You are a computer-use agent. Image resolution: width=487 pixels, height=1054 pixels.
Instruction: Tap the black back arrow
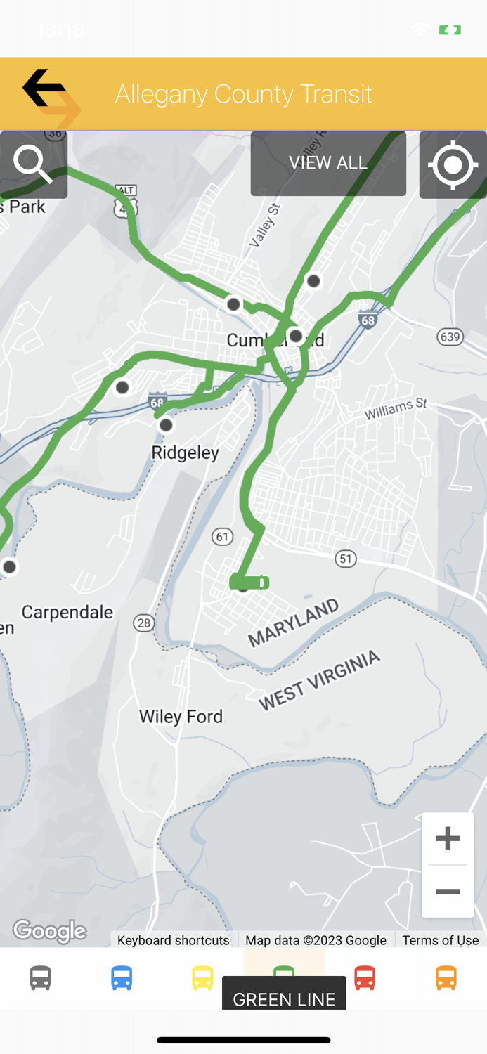coord(44,88)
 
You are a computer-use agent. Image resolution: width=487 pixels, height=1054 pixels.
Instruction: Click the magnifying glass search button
coord(33,164)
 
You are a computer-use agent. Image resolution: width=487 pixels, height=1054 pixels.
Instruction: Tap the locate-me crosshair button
coord(453,165)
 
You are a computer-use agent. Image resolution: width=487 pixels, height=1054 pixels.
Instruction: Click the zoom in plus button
coord(448,838)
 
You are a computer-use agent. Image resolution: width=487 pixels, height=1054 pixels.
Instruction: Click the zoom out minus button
coord(448,892)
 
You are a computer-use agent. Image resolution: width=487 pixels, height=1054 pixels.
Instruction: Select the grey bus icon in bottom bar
coord(41,977)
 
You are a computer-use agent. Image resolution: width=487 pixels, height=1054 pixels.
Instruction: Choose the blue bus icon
coord(122,977)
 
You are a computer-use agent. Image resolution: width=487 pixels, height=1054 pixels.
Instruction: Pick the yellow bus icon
coord(202,977)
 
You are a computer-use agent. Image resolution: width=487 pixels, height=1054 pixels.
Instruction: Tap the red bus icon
coord(365,977)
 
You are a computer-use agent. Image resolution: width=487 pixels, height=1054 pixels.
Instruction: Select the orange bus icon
coord(446,977)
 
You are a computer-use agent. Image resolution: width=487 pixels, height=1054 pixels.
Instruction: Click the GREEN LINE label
coord(284,998)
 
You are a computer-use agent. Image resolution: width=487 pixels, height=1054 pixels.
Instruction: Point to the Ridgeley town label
coord(186,453)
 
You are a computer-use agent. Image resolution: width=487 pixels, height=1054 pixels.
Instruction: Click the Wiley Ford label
coord(181,717)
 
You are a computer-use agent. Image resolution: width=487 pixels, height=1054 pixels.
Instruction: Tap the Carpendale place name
coord(67,612)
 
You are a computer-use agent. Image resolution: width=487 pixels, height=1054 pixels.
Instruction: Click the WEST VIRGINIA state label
coord(320,679)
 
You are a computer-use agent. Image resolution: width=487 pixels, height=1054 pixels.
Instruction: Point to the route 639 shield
coord(450,337)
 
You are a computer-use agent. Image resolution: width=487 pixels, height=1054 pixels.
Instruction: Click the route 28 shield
coord(144,623)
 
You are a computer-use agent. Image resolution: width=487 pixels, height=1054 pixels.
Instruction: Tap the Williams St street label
coord(396,410)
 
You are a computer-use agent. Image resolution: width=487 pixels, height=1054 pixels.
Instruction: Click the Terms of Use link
coord(441,940)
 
